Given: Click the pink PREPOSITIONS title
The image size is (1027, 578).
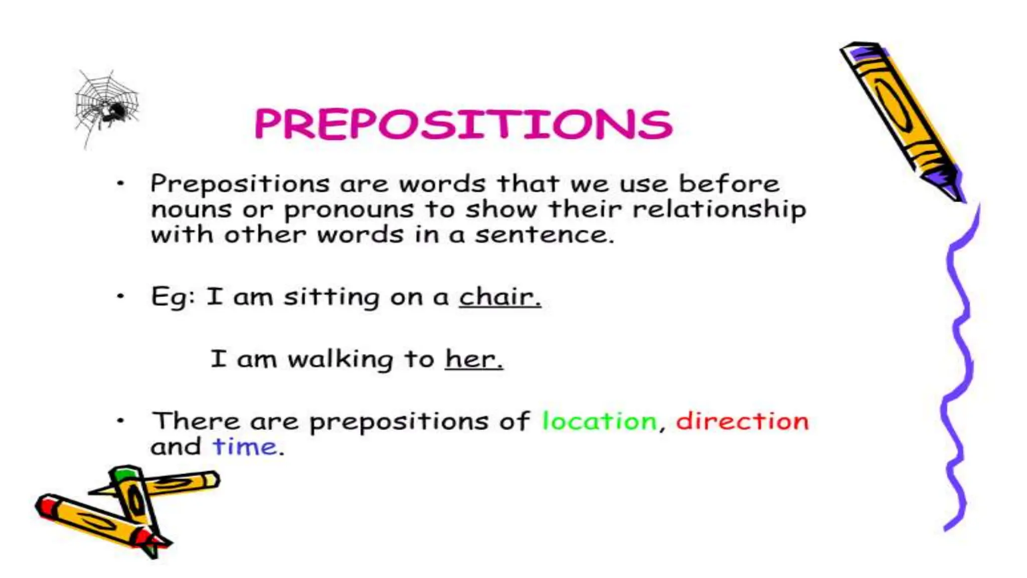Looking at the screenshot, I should pyautogui.click(x=463, y=124).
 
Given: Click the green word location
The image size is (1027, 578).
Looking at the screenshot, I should pyautogui.click(x=599, y=421).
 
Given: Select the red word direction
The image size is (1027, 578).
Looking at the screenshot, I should pyautogui.click(x=742, y=421).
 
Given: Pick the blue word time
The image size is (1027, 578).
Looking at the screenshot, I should pyautogui.click(x=245, y=447).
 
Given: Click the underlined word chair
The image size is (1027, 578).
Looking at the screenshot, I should pyautogui.click(x=499, y=297).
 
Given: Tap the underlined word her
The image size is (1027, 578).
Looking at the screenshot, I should pyautogui.click(x=473, y=359).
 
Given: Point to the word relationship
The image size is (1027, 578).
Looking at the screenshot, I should pyautogui.click(x=719, y=209).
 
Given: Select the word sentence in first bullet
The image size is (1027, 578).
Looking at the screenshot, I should pyautogui.click(x=544, y=235).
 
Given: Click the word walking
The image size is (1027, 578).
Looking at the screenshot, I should pyautogui.click(x=340, y=359).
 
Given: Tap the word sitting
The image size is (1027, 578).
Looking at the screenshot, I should pyautogui.click(x=331, y=297).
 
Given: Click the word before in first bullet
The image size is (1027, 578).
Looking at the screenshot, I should pyautogui.click(x=729, y=184).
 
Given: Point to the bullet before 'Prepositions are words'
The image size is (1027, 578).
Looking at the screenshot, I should pyautogui.click(x=120, y=184).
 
